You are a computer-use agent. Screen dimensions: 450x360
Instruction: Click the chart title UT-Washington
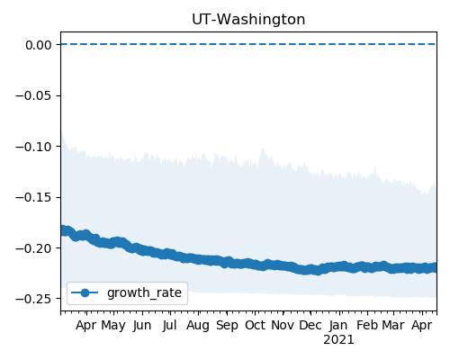(x=248, y=20)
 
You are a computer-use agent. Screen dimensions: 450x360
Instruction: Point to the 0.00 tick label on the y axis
(x=39, y=45)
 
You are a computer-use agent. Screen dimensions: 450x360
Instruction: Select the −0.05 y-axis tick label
(x=34, y=95)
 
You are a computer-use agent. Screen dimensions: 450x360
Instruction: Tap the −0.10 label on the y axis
(x=34, y=147)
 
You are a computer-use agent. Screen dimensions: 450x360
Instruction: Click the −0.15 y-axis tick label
(x=34, y=197)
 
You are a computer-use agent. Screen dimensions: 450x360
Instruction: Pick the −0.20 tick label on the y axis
(x=34, y=248)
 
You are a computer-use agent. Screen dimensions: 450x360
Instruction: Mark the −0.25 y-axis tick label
(x=34, y=299)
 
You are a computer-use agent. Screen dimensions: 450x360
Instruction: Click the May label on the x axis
(x=113, y=326)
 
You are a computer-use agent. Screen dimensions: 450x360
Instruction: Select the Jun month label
(x=142, y=326)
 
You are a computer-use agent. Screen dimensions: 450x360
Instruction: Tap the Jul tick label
(x=170, y=326)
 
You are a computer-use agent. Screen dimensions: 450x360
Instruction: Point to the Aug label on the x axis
(x=198, y=326)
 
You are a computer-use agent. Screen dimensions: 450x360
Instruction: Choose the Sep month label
(x=227, y=326)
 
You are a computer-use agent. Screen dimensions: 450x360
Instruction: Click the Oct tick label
(x=255, y=325)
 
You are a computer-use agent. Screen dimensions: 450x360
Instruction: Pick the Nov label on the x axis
(x=283, y=325)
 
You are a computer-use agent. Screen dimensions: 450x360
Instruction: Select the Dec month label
(x=310, y=325)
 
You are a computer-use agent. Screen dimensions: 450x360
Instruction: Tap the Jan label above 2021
(x=338, y=326)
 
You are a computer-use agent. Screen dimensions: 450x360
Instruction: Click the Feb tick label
(x=367, y=325)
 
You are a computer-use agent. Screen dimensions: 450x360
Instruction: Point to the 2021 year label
(x=338, y=340)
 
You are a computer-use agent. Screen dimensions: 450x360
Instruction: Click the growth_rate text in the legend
(x=144, y=293)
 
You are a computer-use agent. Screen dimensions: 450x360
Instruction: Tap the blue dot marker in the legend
(x=85, y=292)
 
